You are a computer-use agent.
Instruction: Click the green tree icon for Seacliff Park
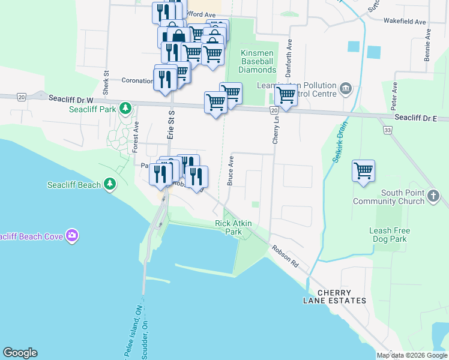pyautogui.click(x=125, y=109)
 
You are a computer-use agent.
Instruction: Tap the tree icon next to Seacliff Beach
pyautogui.click(x=109, y=184)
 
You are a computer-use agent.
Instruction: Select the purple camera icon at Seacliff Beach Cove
pyautogui.click(x=73, y=236)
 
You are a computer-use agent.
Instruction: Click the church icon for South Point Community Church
pyautogui.click(x=433, y=196)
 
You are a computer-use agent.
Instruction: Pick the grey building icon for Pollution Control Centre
pyautogui.click(x=346, y=90)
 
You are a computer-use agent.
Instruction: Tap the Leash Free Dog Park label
pyautogui.click(x=389, y=235)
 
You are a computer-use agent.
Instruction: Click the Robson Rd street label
pyautogui.click(x=285, y=256)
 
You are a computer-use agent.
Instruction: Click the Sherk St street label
pyautogui.click(x=106, y=79)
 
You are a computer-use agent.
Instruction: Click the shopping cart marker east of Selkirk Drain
pyautogui.click(x=363, y=171)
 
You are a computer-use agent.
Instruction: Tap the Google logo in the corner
pyautogui.click(x=20, y=353)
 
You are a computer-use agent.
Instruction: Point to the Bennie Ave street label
pyautogui.click(x=427, y=44)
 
